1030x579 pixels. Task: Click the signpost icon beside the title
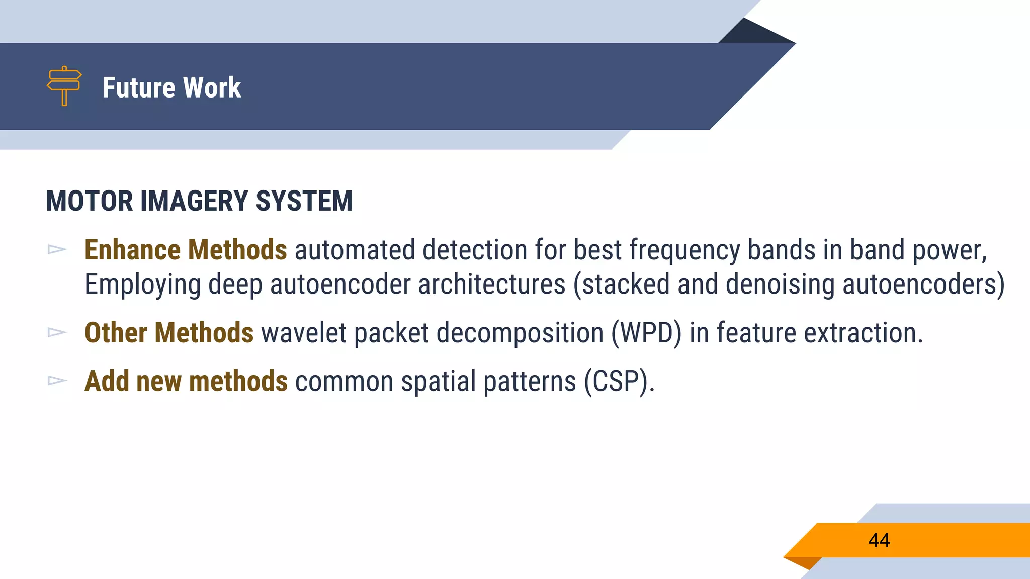pyautogui.click(x=64, y=86)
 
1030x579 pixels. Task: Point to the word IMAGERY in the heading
pyautogui.click(x=194, y=201)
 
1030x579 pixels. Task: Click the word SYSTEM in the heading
pyautogui.click(x=304, y=201)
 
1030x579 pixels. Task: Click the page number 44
pyautogui.click(x=879, y=540)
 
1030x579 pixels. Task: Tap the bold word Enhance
pyautogui.click(x=132, y=250)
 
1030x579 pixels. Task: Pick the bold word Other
pyautogui.click(x=116, y=333)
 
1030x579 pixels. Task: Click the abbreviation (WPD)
pyautogui.click(x=646, y=333)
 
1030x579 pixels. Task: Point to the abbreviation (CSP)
pyautogui.click(x=619, y=381)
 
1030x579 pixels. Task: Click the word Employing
pyautogui.click(x=142, y=284)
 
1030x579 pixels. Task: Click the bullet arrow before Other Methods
pyautogui.click(x=57, y=332)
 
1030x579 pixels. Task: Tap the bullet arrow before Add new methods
pyautogui.click(x=57, y=380)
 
